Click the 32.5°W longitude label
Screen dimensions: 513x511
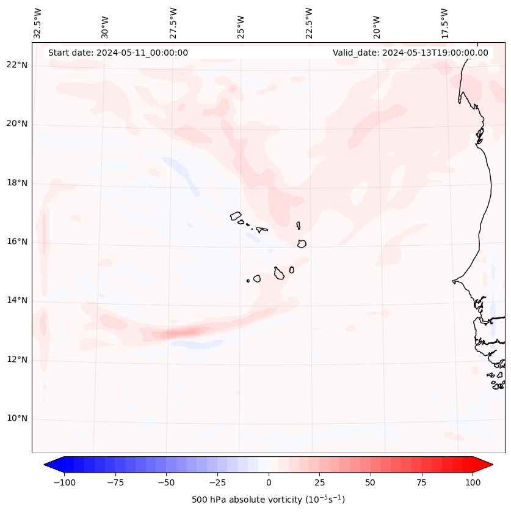pos(38,23)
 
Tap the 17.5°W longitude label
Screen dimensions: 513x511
pos(445,23)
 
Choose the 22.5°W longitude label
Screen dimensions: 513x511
pos(309,23)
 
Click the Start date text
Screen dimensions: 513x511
pos(118,53)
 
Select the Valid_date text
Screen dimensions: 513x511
pos(410,53)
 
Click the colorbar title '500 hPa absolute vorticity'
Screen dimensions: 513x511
pos(268,500)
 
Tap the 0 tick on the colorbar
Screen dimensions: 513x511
pos(269,482)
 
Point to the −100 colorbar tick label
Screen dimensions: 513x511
pos(62,482)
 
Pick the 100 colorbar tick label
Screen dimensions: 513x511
pos(473,482)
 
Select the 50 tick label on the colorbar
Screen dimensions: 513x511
pos(371,482)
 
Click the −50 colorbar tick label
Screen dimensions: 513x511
pos(165,482)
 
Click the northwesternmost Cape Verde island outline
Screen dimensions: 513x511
pos(236,216)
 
